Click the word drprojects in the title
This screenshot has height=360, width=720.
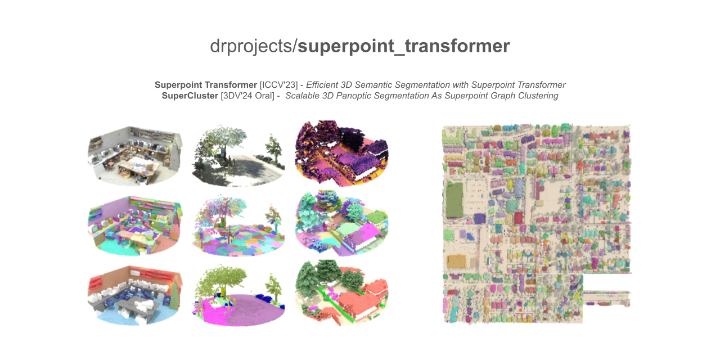click(x=251, y=46)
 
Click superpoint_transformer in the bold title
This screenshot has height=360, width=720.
click(x=404, y=46)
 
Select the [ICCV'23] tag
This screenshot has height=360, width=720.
click(x=278, y=85)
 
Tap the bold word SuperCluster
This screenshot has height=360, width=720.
click(x=190, y=96)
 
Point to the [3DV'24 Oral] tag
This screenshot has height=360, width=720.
click(x=247, y=96)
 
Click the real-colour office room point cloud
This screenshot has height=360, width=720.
click(x=135, y=156)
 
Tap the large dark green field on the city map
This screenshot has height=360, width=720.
click(x=454, y=200)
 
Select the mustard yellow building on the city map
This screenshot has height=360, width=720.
click(x=456, y=262)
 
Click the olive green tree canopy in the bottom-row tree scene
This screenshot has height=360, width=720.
click(x=222, y=280)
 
